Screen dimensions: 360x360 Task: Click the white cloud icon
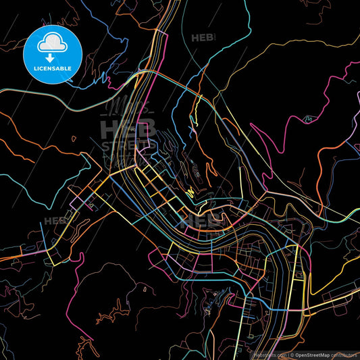(x=52, y=43)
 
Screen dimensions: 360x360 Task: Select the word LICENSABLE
(x=53, y=68)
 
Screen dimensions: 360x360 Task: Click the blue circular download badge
(x=52, y=52)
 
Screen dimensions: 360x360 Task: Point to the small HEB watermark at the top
(x=203, y=38)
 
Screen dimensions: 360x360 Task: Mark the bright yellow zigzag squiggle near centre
(x=190, y=192)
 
